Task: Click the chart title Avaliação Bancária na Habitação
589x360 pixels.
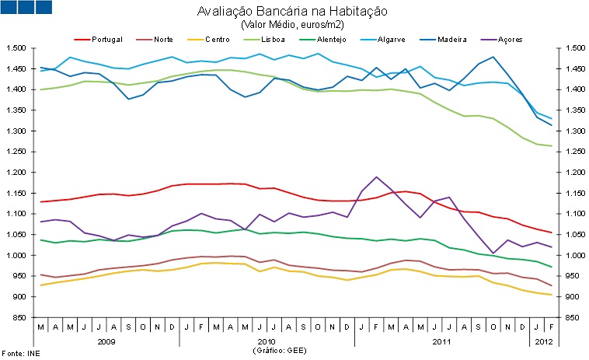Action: (x=292, y=12)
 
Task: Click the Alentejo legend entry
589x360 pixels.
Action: (x=327, y=39)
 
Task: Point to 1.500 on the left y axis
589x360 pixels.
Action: (x=16, y=48)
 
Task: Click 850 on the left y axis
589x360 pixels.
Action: (x=19, y=317)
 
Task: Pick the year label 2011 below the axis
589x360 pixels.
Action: (x=441, y=341)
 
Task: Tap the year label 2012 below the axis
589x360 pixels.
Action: (x=544, y=341)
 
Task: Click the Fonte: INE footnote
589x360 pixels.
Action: (x=21, y=354)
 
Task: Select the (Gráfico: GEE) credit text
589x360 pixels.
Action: (x=280, y=351)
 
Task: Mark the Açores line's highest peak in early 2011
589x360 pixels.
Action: (x=377, y=177)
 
